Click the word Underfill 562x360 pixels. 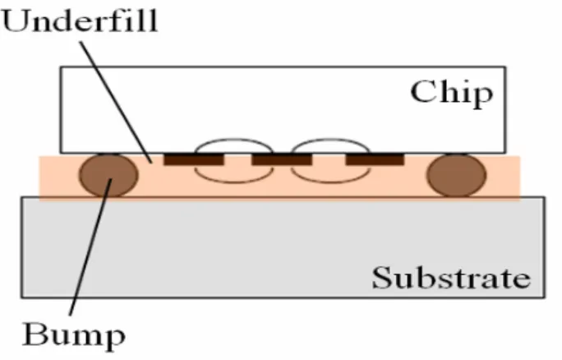(80, 21)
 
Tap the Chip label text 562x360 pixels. (452, 94)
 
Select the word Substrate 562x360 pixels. (451, 277)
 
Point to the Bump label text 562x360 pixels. (74, 335)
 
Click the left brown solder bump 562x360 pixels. (108, 175)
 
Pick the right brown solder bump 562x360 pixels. (456, 175)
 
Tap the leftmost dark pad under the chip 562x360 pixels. (194, 159)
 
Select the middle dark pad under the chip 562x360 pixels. (282, 159)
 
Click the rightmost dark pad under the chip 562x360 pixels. (375, 159)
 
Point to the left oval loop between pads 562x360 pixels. (234, 139)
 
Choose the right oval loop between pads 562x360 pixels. (330, 139)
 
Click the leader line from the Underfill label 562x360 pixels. (116, 103)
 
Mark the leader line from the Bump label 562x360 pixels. (90, 247)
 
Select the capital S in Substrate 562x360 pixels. (382, 277)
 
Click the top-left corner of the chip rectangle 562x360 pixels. (60, 67)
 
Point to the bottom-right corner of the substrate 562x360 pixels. (545, 298)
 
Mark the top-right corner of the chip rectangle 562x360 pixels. (506, 67)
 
